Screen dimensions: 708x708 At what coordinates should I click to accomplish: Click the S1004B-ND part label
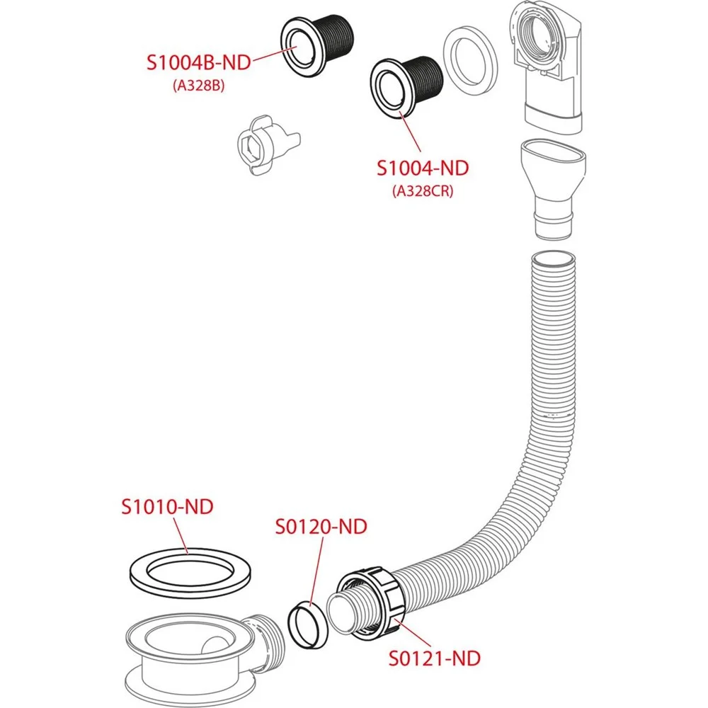pyautogui.click(x=199, y=62)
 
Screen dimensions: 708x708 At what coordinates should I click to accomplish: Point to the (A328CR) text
pyautogui.click(x=423, y=191)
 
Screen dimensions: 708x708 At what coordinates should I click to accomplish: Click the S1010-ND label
pyautogui.click(x=167, y=507)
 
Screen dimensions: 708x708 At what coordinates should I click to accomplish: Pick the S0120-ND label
pyautogui.click(x=321, y=527)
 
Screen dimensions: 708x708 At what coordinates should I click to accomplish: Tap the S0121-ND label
pyautogui.click(x=435, y=658)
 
